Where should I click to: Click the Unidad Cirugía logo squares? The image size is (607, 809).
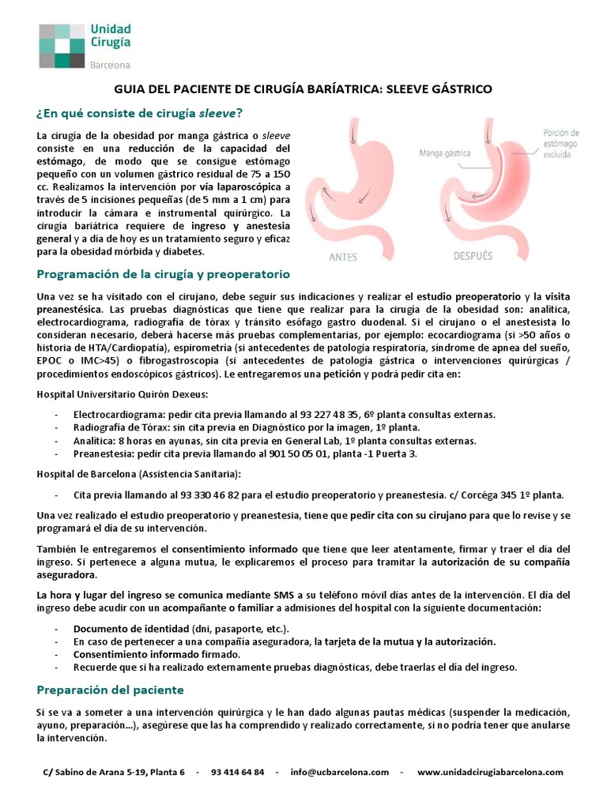(62, 46)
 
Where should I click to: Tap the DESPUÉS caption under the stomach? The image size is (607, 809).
(472, 256)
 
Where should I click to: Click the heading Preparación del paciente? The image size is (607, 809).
(110, 690)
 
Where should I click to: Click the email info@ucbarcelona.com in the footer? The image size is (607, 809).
(340, 772)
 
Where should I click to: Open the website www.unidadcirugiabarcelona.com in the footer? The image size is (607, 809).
(490, 772)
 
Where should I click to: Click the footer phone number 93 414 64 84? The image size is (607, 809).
(238, 772)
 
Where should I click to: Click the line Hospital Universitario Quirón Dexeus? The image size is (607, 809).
(123, 393)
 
